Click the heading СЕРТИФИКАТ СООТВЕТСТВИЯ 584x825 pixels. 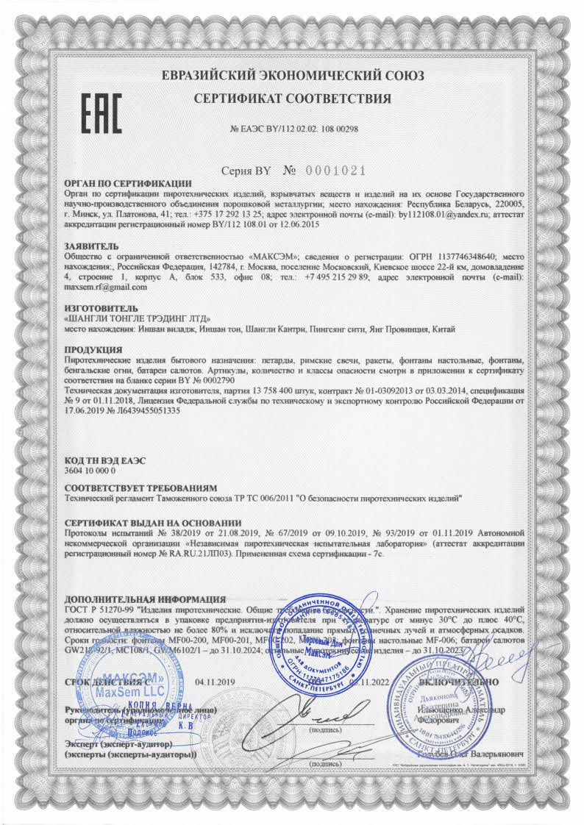click(293, 99)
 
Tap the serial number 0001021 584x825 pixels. click(335, 171)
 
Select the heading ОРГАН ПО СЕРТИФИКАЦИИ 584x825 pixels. click(118, 183)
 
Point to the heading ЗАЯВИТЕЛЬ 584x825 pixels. click(89, 245)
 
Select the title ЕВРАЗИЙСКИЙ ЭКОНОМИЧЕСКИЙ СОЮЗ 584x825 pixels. click(293, 76)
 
